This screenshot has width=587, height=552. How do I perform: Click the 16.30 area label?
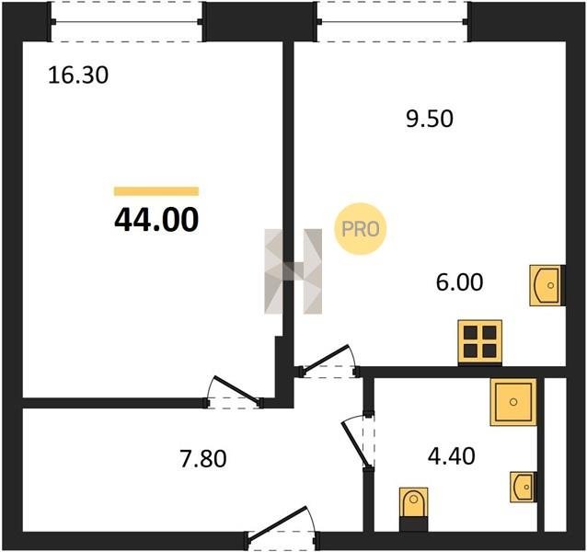click(x=78, y=75)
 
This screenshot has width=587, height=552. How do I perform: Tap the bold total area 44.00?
click(x=156, y=220)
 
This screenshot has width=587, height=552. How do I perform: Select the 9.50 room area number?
click(x=430, y=119)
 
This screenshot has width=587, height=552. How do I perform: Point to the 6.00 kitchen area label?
click(x=460, y=282)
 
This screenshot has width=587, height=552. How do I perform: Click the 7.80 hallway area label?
click(x=203, y=459)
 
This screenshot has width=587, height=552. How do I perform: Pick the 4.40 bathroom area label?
click(x=452, y=456)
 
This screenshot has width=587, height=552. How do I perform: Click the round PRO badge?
click(x=360, y=229)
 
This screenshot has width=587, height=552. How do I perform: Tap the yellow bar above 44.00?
click(x=156, y=191)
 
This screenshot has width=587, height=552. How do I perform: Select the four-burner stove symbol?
click(x=480, y=341)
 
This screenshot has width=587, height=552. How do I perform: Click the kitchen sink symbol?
click(x=547, y=285)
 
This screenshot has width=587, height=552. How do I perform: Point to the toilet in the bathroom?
click(x=413, y=509)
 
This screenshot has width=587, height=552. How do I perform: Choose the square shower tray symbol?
click(x=513, y=402)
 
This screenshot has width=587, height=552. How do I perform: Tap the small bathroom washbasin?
click(x=523, y=487)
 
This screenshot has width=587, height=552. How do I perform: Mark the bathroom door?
click(x=358, y=442)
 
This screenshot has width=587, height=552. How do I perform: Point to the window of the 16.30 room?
click(x=127, y=22)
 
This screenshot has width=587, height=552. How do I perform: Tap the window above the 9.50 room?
click(x=393, y=22)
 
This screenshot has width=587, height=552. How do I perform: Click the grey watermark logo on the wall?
click(x=293, y=271)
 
